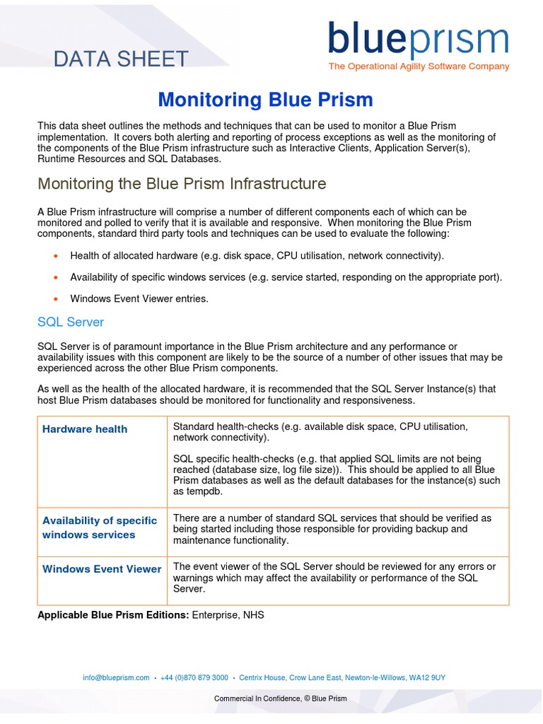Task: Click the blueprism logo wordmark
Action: pos(418,40)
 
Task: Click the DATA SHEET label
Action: pos(121,59)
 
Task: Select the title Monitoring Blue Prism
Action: pos(265,99)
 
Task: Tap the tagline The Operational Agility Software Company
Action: pos(419,66)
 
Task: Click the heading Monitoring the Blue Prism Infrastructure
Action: pos(182,184)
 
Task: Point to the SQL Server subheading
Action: pos(71,322)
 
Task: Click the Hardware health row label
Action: pos(85,429)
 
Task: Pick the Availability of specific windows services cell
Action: pos(100,527)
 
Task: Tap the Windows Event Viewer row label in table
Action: pos(102,569)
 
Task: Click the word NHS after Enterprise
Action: pos(253,615)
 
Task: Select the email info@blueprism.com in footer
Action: pos(116,677)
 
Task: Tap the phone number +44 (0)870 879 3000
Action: pos(194,677)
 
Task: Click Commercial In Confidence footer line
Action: pos(281,699)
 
